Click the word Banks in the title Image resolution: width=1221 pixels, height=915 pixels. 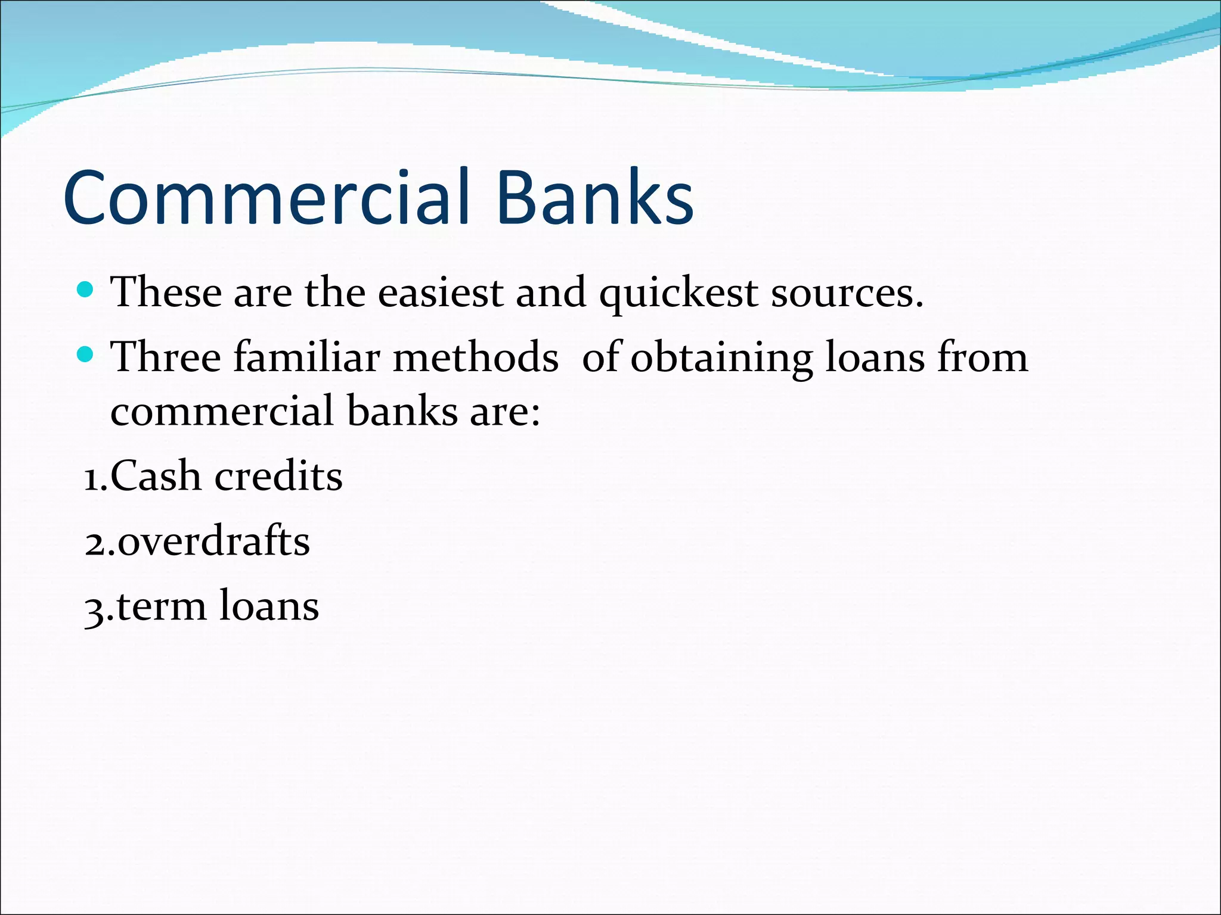(x=594, y=198)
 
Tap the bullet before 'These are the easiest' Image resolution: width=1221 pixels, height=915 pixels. (x=86, y=290)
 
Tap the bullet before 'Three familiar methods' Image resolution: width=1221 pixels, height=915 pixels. (x=86, y=355)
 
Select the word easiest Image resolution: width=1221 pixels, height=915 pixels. (x=441, y=293)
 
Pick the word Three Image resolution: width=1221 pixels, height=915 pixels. (x=166, y=357)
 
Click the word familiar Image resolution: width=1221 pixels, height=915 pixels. (x=306, y=357)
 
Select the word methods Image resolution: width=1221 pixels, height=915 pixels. (x=476, y=357)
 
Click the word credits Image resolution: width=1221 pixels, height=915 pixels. (x=278, y=477)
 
